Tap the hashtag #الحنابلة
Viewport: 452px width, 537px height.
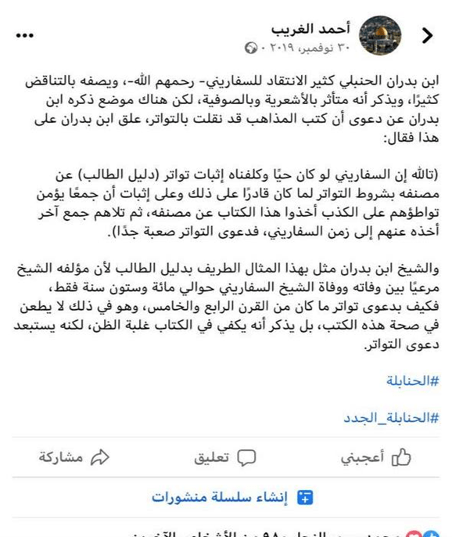click(x=414, y=381)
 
